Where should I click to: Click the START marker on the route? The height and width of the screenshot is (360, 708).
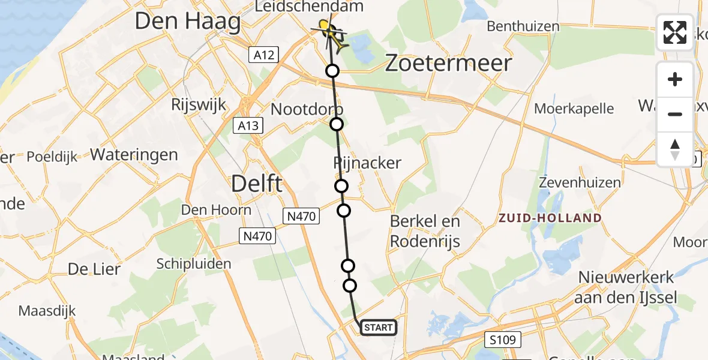click(x=378, y=327)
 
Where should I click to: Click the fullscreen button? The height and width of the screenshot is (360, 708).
click(x=675, y=32)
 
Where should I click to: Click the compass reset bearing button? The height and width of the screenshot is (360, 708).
click(x=675, y=149)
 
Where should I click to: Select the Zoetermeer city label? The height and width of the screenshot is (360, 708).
click(x=448, y=63)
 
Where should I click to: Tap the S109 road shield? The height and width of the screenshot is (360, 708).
click(x=503, y=340)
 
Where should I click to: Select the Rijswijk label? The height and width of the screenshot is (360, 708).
click(x=198, y=104)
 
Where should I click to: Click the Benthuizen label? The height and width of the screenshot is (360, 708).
click(x=523, y=26)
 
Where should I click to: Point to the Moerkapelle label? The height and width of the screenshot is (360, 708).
click(x=574, y=109)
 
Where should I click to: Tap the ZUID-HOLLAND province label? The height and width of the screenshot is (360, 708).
click(x=550, y=218)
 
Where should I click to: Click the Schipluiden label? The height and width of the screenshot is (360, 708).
click(x=194, y=264)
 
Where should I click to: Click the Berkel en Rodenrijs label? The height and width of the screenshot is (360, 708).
click(x=425, y=231)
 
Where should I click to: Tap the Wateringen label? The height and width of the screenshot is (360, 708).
click(x=134, y=155)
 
